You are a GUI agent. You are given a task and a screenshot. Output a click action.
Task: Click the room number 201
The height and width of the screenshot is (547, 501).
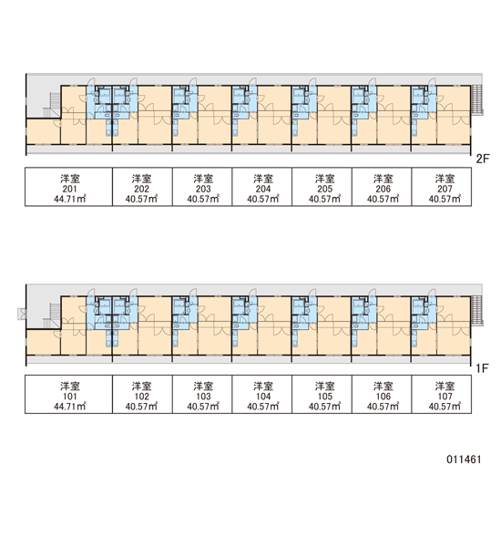click(70, 189)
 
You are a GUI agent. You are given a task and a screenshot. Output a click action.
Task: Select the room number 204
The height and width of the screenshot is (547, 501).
click(263, 189)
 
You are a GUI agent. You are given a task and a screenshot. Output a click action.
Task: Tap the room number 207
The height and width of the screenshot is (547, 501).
click(445, 189)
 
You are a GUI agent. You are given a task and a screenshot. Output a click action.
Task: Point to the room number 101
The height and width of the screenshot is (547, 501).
click(70, 397)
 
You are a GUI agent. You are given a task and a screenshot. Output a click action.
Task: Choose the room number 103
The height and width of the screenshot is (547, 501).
click(203, 397)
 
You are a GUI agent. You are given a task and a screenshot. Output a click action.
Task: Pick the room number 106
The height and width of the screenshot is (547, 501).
click(383, 397)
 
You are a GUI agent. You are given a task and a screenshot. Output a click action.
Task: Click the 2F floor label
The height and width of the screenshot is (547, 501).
click(483, 159)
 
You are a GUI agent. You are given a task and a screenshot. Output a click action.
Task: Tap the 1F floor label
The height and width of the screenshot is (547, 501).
click(482, 368)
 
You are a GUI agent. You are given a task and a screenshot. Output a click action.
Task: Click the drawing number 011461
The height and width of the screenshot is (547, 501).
click(464, 459)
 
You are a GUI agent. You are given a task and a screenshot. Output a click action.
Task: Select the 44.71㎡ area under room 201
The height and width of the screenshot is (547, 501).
click(70, 199)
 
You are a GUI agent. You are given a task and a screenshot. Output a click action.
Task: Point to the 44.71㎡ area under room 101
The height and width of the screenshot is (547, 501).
click(70, 407)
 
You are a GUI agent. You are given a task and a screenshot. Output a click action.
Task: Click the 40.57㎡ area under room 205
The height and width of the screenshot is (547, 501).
click(324, 199)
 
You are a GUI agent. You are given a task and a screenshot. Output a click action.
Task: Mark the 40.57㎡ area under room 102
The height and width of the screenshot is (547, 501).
click(141, 407)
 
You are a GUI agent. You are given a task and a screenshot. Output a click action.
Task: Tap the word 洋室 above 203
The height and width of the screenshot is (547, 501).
click(203, 179)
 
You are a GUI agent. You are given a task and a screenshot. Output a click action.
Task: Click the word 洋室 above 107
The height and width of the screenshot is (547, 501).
click(445, 387)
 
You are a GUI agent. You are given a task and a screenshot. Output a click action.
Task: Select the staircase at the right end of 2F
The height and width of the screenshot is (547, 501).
click(476, 99)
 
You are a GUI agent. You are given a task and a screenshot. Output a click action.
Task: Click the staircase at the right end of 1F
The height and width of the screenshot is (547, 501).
click(476, 310)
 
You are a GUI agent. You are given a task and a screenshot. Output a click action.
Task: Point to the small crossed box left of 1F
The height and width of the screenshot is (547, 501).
click(22, 314)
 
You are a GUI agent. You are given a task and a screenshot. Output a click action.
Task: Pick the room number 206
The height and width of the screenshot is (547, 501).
click(383, 189)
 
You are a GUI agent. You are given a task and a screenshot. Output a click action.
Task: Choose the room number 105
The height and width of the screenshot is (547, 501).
click(324, 397)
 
